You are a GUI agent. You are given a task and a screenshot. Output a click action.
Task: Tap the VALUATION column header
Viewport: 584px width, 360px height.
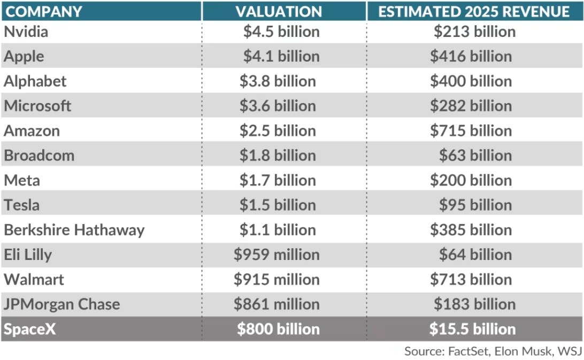pos(279,11)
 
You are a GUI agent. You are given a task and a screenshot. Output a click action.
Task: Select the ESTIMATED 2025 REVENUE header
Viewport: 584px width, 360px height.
pos(474,11)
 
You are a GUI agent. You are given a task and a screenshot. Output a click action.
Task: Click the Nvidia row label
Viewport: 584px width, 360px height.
pos(26,32)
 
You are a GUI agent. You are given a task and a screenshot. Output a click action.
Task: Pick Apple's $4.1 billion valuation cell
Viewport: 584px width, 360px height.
pos(281,56)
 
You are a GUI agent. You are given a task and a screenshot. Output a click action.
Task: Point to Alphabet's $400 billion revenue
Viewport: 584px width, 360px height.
pos(471,81)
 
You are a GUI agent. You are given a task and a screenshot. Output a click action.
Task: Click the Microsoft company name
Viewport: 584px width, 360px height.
pos(37,106)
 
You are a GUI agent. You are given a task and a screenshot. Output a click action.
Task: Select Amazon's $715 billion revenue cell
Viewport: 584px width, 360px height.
pos(471,131)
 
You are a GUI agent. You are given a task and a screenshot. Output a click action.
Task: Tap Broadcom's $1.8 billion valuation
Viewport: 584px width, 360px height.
pos(278,156)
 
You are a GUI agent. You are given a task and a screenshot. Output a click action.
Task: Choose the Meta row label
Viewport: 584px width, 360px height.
pos(22,180)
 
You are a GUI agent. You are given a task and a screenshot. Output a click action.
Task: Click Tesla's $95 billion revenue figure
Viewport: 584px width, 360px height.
pos(475,205)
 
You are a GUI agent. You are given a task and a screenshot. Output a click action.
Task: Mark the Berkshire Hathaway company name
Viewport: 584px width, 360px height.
pos(74,230)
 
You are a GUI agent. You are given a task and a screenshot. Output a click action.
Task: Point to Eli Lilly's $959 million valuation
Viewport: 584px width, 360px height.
pos(276,255)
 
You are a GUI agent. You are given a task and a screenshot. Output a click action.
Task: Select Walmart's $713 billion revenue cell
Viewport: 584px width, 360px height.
pos(471,279)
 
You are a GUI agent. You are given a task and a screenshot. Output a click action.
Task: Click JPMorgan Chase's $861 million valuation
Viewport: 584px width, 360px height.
pos(276,304)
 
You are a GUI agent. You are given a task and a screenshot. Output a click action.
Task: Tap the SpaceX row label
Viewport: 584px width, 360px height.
pos(29,329)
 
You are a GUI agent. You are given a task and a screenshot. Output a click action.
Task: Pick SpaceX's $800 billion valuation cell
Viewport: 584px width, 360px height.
pos(278,329)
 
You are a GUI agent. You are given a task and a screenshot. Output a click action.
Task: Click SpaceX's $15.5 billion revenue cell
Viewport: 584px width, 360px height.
pos(472,329)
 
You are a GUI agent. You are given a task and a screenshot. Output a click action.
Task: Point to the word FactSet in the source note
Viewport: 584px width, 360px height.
pos(467,351)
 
